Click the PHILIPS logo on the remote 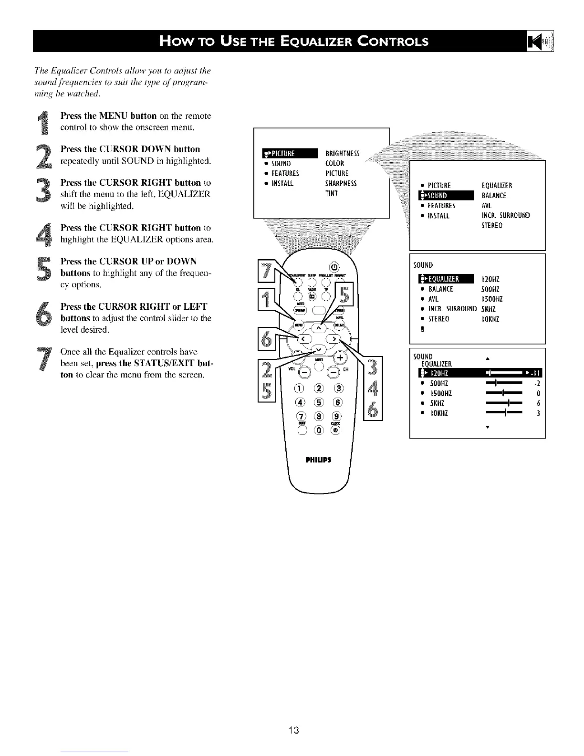318,460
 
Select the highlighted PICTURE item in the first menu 290,153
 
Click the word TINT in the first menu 331,193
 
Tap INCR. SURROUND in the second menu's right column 506,215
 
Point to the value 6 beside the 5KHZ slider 538,403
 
